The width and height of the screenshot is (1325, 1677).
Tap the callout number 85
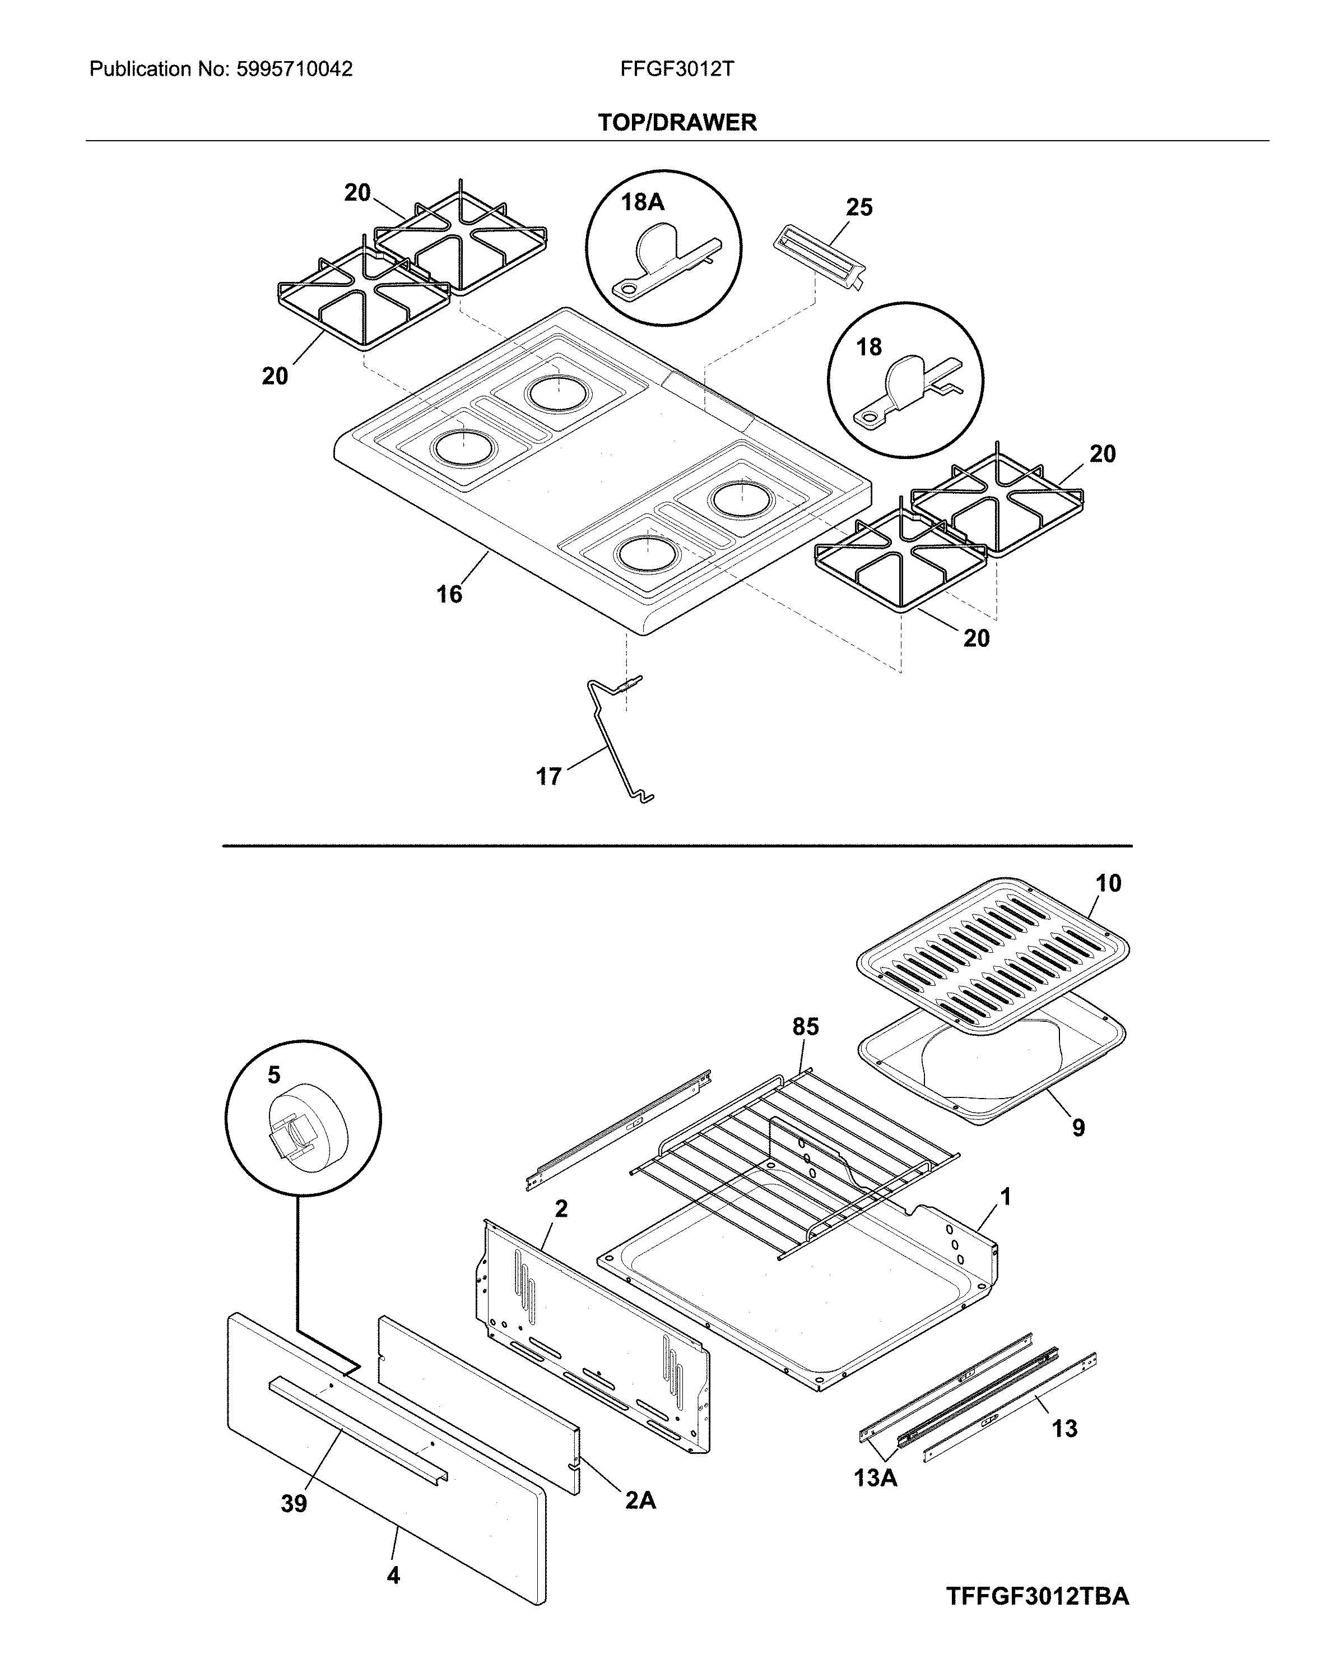805,1027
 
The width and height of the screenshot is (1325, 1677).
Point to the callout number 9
1078,1128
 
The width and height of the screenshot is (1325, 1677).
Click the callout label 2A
640,1501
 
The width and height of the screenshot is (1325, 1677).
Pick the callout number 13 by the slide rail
1065,1428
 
